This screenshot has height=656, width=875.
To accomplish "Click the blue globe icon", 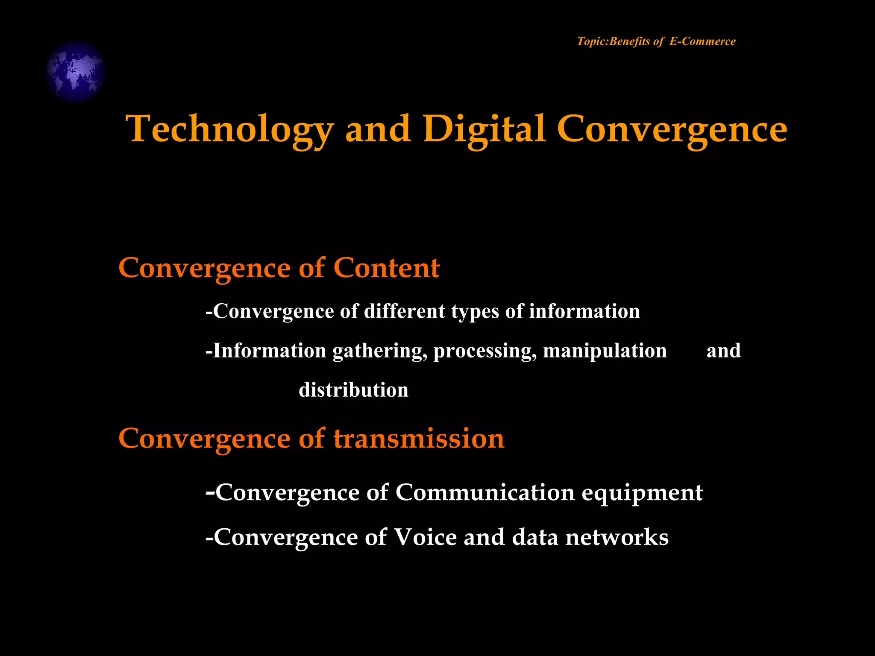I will pyautogui.click(x=76, y=71).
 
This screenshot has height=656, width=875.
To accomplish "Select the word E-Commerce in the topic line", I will pyautogui.click(x=702, y=41).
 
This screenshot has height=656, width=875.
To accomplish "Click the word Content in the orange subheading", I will pyautogui.click(x=386, y=268).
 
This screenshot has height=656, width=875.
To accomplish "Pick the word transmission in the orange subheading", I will pyautogui.click(x=419, y=439).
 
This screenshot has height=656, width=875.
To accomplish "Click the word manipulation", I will pyautogui.click(x=605, y=351).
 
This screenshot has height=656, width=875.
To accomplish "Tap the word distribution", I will pyautogui.click(x=353, y=390).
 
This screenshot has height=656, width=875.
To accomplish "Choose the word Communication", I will pyautogui.click(x=485, y=492).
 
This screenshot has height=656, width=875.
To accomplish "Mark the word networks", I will pyautogui.click(x=617, y=537).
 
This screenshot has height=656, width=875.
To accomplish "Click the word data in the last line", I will pyautogui.click(x=535, y=537).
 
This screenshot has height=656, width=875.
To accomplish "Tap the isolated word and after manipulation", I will pyautogui.click(x=723, y=351).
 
